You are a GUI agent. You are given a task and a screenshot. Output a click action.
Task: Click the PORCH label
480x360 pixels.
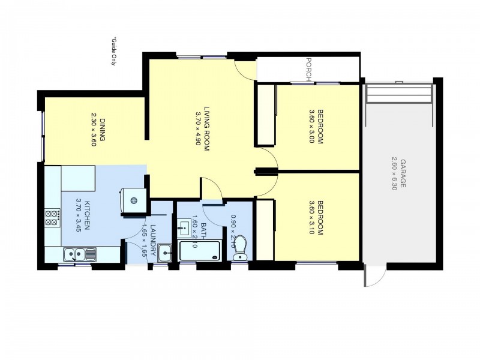[309, 70]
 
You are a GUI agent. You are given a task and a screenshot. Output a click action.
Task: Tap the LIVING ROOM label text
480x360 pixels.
[206, 129]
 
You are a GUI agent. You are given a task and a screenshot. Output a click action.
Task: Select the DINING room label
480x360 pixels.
[102, 130]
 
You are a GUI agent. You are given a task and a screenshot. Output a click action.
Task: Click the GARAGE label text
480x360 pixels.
[403, 173]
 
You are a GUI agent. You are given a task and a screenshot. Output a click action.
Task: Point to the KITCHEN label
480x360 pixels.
[86, 215]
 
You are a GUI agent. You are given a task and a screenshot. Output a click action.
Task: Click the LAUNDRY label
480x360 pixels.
[153, 240]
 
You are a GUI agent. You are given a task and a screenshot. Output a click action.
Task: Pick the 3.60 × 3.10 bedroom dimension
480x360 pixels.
[312, 218]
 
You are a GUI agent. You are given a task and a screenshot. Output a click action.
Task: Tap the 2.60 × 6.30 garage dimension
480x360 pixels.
[394, 173]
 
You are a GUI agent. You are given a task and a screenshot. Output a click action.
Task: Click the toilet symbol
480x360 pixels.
[239, 248]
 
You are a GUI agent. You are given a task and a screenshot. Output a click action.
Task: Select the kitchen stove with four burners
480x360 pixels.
[52, 218]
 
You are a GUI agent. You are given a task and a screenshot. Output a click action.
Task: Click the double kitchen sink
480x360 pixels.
[80, 254]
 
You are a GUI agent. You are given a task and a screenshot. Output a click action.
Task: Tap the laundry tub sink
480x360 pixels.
[164, 253]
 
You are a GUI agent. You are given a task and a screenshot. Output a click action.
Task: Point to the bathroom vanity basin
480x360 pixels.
[184, 228]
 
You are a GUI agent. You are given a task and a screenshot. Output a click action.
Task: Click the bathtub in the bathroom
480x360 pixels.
[200, 251]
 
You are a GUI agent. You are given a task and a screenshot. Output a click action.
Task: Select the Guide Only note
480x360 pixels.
[114, 52]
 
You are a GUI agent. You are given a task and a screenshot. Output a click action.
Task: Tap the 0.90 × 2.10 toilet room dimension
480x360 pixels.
[233, 231]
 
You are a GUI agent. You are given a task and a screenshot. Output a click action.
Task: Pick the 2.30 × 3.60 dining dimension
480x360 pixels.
[94, 130]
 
